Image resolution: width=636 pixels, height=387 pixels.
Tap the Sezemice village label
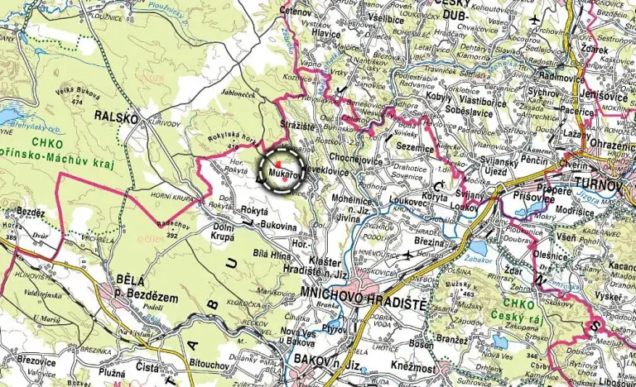tap(416, 146)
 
